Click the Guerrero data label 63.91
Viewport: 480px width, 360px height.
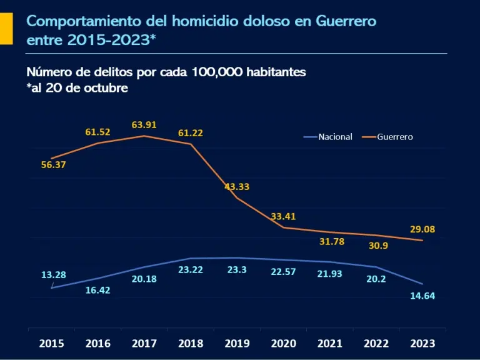[144, 125]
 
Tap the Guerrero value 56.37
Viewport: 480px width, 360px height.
[54, 165]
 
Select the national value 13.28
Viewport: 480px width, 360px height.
[54, 275]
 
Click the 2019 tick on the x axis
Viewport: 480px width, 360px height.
[237, 343]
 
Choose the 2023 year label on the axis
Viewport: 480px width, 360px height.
[422, 343]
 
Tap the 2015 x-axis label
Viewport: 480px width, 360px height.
[51, 343]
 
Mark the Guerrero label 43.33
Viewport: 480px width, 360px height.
[237, 187]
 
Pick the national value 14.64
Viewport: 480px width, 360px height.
[422, 296]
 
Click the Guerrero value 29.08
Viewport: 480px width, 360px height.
[422, 229]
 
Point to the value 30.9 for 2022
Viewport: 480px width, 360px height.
[378, 246]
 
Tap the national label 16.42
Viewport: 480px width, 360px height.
[98, 290]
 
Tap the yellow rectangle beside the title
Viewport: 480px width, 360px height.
[6, 28]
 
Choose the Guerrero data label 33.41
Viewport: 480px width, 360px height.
[283, 216]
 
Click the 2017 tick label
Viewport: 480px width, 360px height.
[144, 343]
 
